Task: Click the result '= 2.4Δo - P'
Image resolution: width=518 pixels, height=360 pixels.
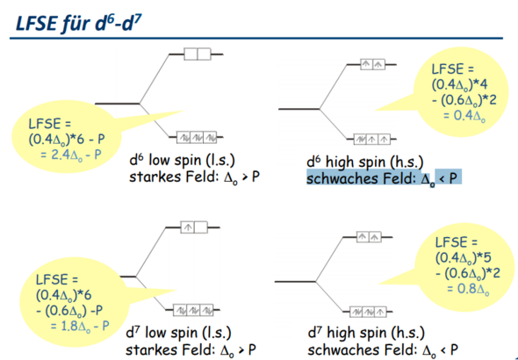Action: click(x=71, y=155)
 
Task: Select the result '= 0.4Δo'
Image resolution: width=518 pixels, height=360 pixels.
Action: click(x=464, y=116)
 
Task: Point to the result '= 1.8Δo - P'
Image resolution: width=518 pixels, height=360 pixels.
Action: click(x=80, y=326)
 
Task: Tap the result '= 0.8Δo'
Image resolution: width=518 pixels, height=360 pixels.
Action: click(x=468, y=289)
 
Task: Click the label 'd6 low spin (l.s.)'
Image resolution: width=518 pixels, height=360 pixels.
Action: click(x=183, y=161)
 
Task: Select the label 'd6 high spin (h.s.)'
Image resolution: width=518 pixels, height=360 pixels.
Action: click(x=365, y=162)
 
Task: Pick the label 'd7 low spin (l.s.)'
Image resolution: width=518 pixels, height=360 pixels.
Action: click(x=179, y=333)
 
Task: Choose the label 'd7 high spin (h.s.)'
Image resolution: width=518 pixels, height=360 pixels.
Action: click(x=366, y=333)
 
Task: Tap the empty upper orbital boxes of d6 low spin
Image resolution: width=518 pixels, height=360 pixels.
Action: click(x=198, y=54)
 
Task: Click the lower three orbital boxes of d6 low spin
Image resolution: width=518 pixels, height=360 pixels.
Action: click(x=197, y=137)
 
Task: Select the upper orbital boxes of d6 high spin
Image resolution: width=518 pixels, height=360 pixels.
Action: click(x=372, y=64)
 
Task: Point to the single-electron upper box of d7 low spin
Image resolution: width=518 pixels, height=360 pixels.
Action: click(x=187, y=227)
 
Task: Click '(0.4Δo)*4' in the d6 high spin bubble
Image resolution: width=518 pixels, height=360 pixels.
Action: click(x=459, y=85)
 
